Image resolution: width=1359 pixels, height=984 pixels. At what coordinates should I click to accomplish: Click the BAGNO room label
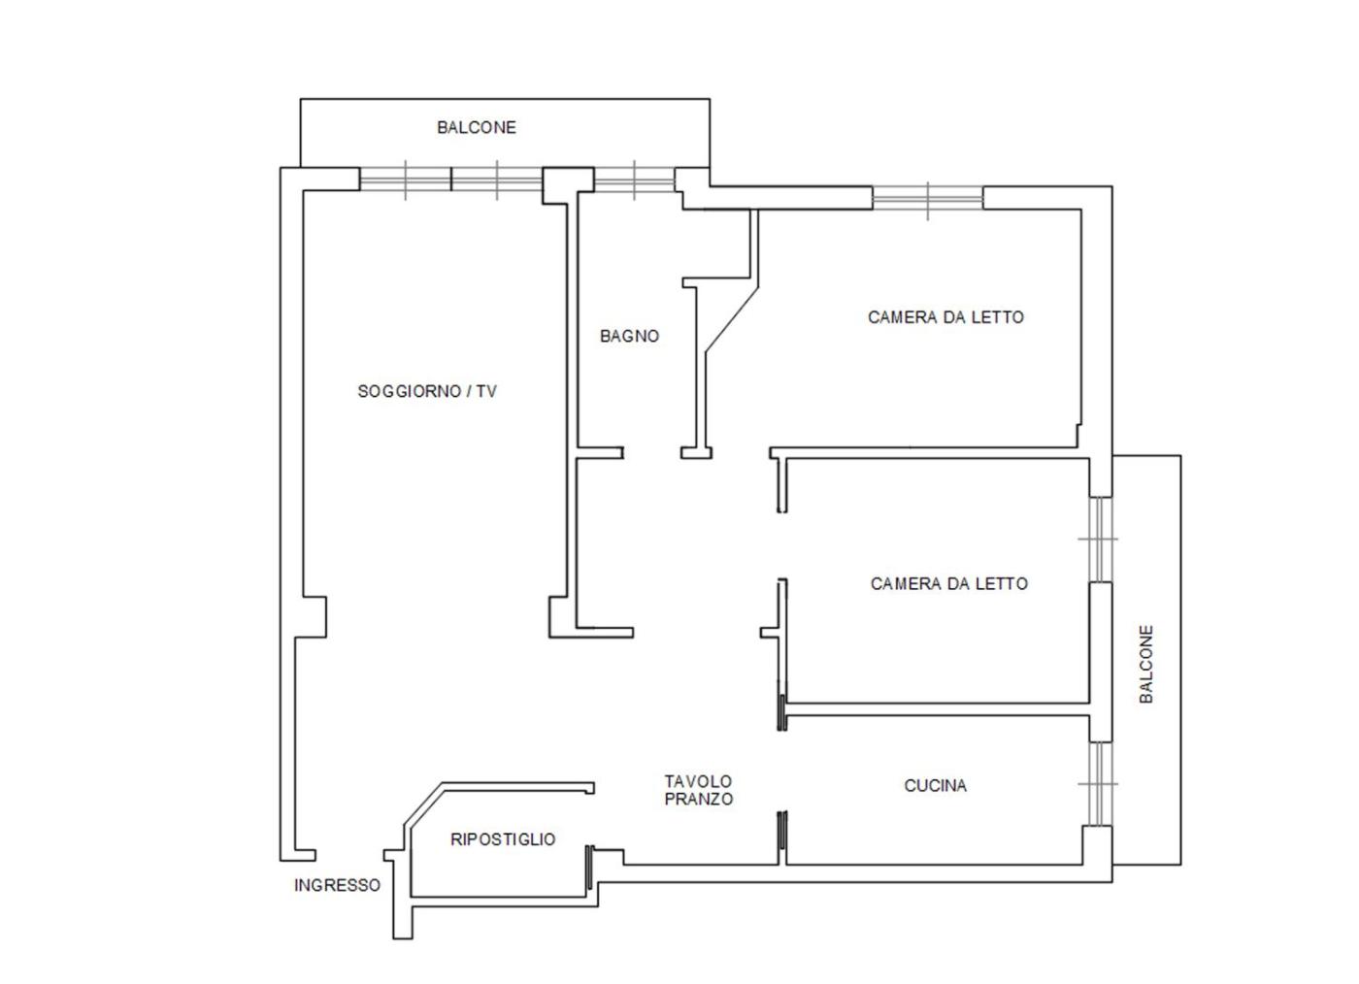coord(629,336)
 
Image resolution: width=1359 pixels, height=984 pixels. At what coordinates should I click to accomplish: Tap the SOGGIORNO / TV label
coord(427,391)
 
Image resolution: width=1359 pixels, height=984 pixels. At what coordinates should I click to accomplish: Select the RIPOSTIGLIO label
coord(503,839)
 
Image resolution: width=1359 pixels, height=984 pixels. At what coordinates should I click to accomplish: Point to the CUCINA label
coord(935,786)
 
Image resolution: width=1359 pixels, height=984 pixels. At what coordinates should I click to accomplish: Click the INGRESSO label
coord(338,886)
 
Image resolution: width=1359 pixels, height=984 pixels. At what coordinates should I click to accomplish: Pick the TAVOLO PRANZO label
coord(699,790)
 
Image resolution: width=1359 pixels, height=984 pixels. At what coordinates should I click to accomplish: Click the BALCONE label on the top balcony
coord(477,127)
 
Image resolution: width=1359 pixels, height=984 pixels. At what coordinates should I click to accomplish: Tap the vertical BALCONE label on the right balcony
coord(1146,665)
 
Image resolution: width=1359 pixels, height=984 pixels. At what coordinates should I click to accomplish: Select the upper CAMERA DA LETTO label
coord(945,317)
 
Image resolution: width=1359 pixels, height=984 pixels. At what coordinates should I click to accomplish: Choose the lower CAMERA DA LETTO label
coord(949,583)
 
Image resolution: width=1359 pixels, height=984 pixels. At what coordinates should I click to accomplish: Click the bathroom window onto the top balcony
coord(634,180)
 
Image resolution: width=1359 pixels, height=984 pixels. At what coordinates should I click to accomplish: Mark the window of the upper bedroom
coord(928,198)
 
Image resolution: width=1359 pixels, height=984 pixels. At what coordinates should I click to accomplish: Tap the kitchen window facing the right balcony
coord(1100,784)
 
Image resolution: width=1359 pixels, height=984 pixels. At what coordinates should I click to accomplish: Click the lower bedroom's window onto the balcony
coord(1100,539)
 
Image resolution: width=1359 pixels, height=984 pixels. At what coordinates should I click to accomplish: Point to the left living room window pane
coord(406,180)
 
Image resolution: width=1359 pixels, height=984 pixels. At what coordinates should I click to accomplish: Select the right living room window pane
coord(497,180)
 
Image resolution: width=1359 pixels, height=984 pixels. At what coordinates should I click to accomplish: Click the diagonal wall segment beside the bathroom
coord(732,319)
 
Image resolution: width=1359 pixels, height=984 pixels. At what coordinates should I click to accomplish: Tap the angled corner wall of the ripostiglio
coord(423,804)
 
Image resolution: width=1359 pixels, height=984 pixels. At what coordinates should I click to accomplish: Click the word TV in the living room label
coord(486,391)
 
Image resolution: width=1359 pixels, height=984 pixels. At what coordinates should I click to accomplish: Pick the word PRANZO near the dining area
coord(699,799)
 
